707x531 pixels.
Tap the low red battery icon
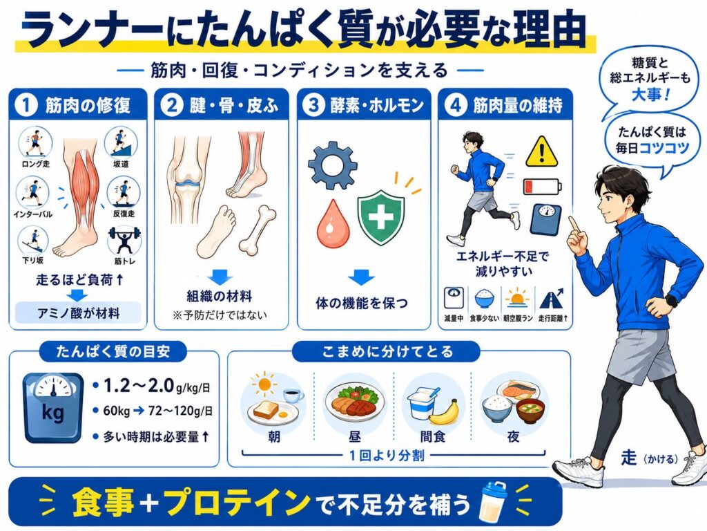(x=543, y=186)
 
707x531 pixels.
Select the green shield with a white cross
(x=381, y=217)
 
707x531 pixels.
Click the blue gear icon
(x=333, y=165)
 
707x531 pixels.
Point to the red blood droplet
(x=333, y=224)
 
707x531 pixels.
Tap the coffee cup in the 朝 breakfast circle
(x=293, y=396)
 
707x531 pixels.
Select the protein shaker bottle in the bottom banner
(x=493, y=501)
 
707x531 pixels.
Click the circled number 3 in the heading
(x=314, y=105)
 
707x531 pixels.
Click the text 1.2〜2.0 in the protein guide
(x=139, y=385)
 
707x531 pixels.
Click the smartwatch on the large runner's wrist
(x=672, y=300)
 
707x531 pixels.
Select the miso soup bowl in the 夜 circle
(x=530, y=411)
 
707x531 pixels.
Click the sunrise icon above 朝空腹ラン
(x=518, y=298)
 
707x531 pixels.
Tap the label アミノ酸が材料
(x=79, y=313)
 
